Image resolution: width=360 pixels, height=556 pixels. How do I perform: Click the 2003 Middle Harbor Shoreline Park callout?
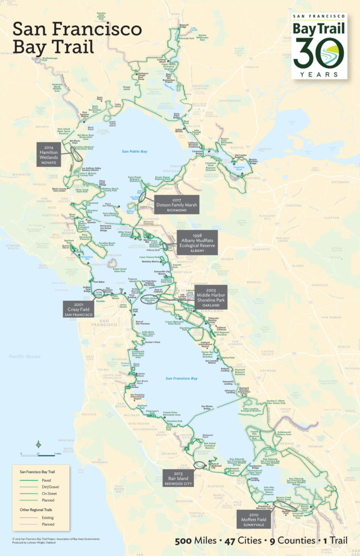(218, 295)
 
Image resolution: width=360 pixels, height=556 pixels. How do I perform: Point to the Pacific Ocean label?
(25, 356)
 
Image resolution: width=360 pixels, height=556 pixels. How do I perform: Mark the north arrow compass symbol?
(38, 444)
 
